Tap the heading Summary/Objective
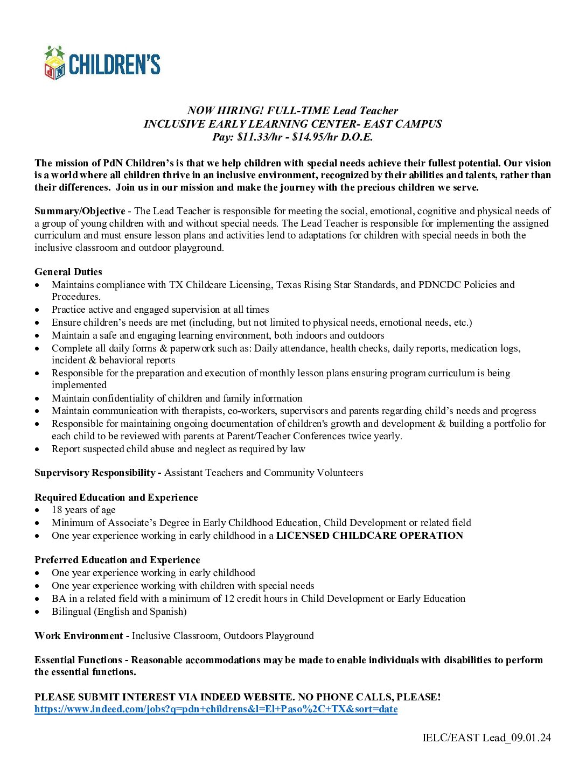(79, 211)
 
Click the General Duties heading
(68, 272)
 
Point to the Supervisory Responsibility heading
(95, 473)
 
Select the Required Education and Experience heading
(116, 497)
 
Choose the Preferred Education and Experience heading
(117, 560)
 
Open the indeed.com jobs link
(215, 709)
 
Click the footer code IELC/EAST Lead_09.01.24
(486, 738)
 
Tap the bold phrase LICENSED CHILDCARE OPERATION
(369, 536)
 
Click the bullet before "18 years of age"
(37, 510)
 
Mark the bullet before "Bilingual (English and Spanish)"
(37, 612)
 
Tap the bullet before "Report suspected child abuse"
(37, 450)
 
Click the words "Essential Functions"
(78, 660)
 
